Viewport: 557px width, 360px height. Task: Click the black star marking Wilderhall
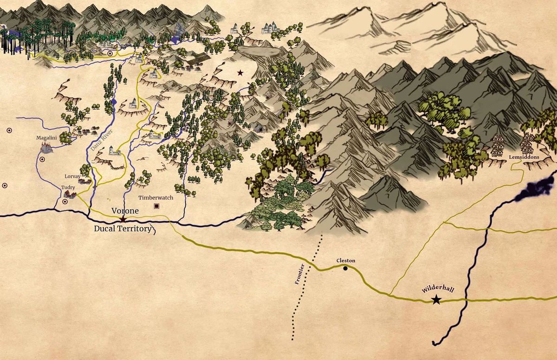point(436,300)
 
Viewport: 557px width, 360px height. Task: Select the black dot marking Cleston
point(345,268)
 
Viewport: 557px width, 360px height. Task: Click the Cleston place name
point(346,261)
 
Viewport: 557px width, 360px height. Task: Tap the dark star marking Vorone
point(123,218)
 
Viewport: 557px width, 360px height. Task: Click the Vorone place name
point(125,210)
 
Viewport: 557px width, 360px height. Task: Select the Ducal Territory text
point(123,229)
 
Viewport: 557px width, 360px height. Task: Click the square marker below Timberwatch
point(157,206)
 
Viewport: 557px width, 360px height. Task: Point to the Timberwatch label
point(156,197)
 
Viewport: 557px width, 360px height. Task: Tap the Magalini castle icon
point(46,147)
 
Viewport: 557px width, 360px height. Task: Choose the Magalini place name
point(46,137)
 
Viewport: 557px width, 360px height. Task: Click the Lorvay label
point(73,177)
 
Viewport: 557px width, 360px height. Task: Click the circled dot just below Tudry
point(65,202)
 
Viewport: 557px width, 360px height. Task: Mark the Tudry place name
point(68,187)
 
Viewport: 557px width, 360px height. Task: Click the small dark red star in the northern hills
point(240,72)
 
